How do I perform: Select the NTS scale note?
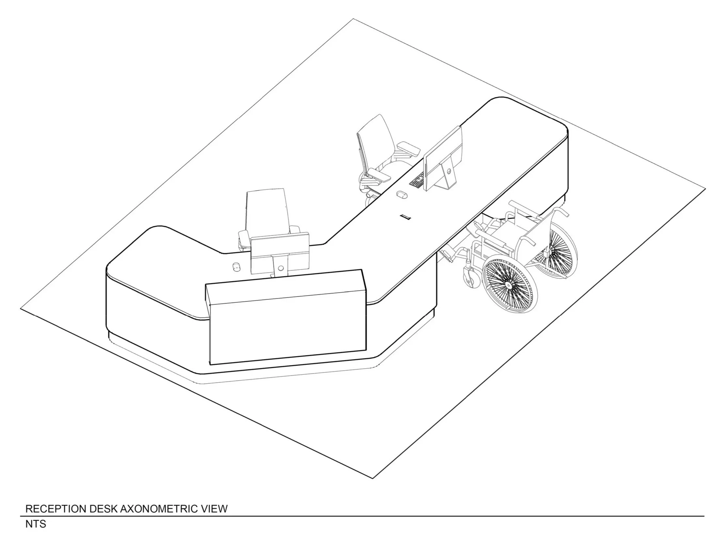tap(36, 524)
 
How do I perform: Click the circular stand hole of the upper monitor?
tap(449, 171)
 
